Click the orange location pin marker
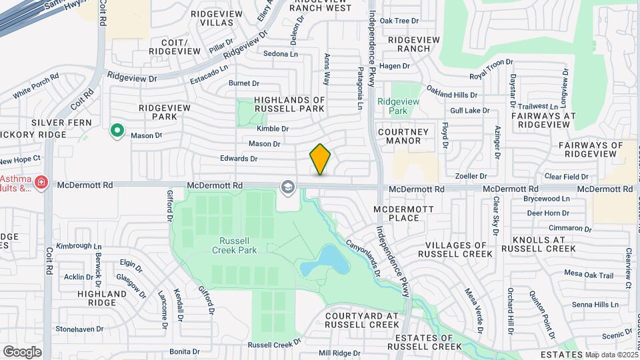[320, 159]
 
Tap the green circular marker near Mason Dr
[117, 131]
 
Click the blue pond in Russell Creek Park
[325, 261]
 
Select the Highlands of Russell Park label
[289, 104]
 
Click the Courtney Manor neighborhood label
[409, 136]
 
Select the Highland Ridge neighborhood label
[102, 297]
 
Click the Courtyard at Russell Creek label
[362, 320]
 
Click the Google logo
[22, 352]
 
